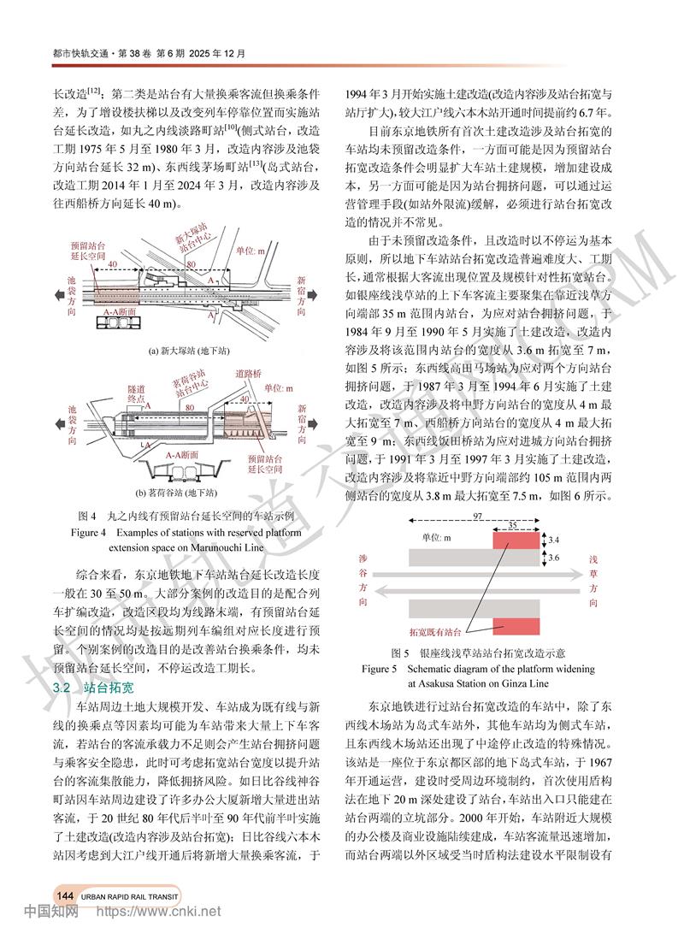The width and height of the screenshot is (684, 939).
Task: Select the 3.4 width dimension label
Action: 553,540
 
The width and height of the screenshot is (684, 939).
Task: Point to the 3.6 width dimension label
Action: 553,558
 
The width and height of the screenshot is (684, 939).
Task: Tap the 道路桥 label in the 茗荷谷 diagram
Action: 249,374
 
